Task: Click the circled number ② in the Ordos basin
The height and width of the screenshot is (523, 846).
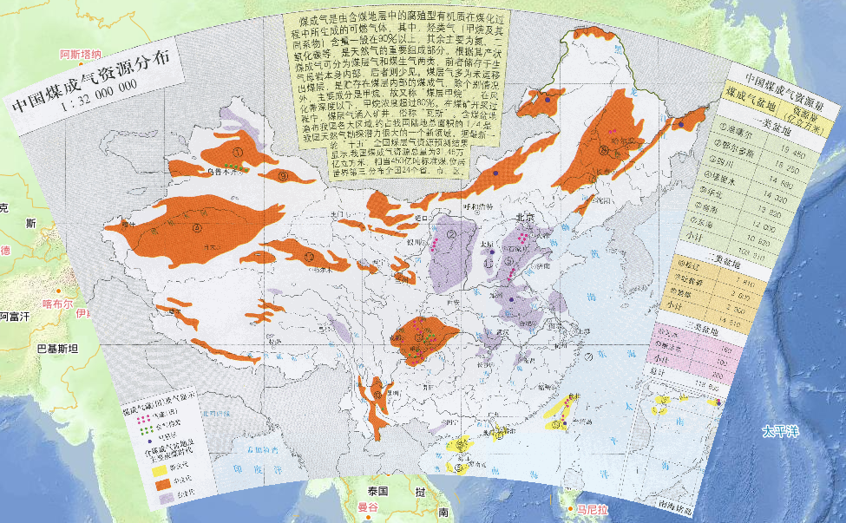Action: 452,232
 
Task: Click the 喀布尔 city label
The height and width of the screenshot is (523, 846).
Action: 57,304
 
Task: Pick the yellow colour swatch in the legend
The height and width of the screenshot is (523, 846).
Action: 161,474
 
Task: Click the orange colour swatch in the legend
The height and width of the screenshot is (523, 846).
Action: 161,491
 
